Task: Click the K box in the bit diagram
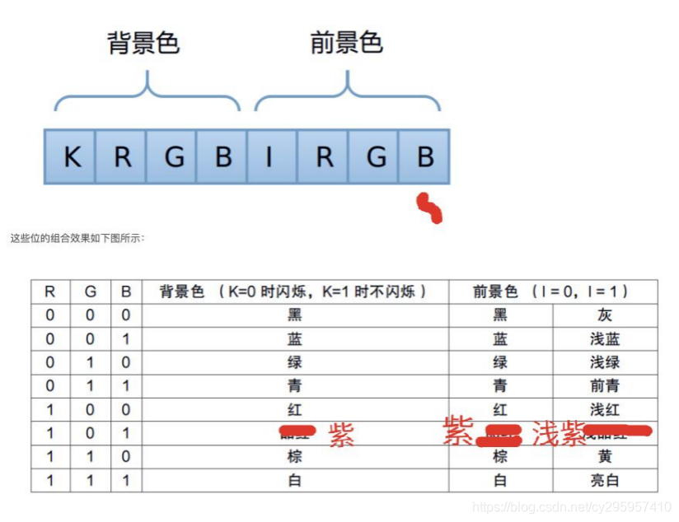72,156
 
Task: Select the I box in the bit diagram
269,156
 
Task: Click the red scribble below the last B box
430,208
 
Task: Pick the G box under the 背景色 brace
173,156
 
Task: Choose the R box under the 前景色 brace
325,156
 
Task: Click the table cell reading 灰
605,315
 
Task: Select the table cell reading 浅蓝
605,338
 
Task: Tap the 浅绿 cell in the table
605,362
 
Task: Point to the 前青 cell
605,385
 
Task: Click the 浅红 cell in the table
605,409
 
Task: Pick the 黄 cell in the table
605,456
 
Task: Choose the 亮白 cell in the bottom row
605,480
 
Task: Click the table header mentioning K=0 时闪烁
294,291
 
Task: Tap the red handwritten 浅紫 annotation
559,433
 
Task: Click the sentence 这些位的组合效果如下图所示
77,239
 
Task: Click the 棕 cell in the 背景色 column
294,456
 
